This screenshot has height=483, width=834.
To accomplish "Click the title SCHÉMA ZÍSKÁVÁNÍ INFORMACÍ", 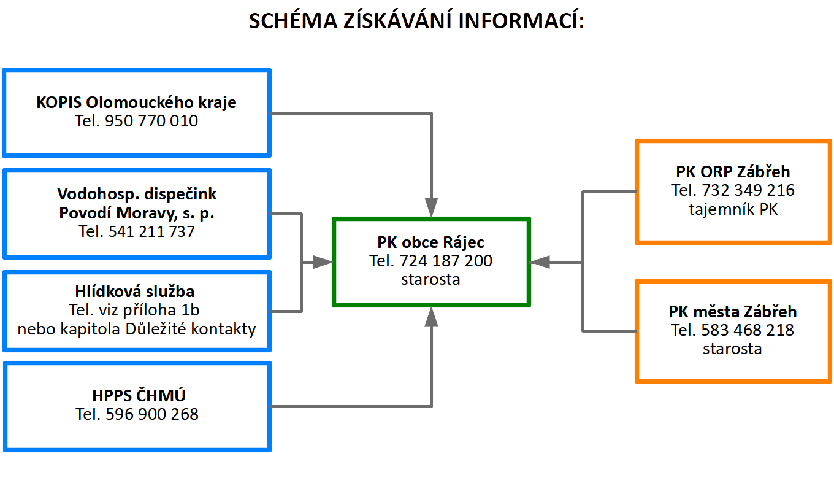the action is click(416, 20).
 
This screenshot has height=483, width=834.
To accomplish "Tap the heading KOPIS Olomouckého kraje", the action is click(136, 102).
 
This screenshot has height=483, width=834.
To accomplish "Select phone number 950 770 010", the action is click(151, 121).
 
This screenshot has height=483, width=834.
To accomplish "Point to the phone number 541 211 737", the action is click(151, 231).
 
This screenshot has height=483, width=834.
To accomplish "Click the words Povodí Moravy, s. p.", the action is click(137, 213).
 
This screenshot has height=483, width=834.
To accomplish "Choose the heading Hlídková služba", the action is click(135, 292).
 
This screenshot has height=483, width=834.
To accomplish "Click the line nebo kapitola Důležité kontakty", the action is click(137, 329).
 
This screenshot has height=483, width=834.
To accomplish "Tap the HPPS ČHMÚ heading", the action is click(139, 395).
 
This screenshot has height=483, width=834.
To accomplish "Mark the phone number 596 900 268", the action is click(152, 414).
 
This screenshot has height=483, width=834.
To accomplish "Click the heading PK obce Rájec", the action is click(430, 242).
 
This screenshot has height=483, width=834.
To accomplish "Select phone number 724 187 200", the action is click(446, 260).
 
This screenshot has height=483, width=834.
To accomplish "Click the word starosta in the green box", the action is click(430, 279).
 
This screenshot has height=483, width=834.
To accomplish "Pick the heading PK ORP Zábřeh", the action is click(733, 172).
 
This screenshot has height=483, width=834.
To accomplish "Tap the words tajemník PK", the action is click(733, 209).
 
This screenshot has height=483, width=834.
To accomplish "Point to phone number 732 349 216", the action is click(748, 190).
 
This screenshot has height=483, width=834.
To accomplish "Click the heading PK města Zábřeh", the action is click(733, 312).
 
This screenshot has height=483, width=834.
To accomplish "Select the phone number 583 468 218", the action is click(748, 330).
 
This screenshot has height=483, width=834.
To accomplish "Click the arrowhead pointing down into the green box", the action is click(431, 207).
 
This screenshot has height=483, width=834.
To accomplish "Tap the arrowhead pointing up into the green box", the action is click(431, 317).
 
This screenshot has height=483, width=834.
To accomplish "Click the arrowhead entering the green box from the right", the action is click(540, 263).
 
